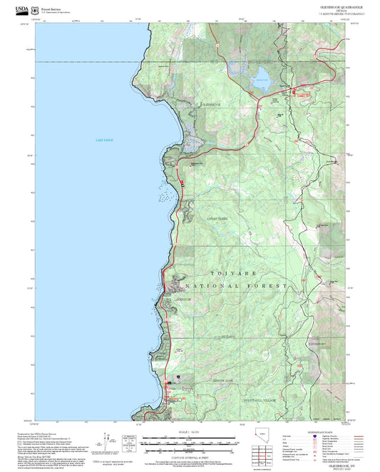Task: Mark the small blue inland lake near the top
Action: [x=261, y=76]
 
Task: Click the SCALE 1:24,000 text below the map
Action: [x=190, y=431]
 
